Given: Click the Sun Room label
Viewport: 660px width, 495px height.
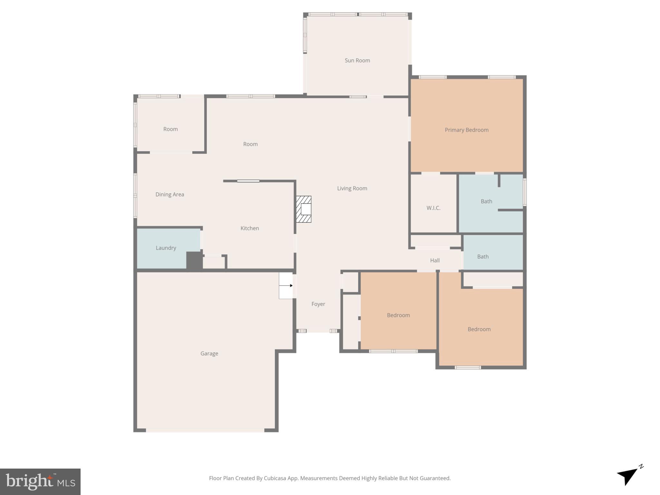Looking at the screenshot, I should (x=357, y=60).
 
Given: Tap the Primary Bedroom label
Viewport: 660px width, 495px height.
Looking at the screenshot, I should (x=466, y=130).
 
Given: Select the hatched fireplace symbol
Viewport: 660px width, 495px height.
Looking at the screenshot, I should (x=304, y=209).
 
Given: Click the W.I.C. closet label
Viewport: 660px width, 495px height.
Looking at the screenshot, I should (x=433, y=208).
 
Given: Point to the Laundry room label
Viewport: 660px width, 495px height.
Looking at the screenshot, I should (x=166, y=248).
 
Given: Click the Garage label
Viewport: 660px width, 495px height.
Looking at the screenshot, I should (x=209, y=354).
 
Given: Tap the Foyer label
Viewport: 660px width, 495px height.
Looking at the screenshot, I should (x=318, y=304).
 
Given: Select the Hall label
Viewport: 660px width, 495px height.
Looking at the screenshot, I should (x=435, y=260).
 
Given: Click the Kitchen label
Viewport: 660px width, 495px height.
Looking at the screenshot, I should (x=249, y=228).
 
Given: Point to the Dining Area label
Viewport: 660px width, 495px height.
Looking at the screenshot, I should (x=170, y=194).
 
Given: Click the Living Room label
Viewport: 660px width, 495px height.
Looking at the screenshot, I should (x=352, y=188).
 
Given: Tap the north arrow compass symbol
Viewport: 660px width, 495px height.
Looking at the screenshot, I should (x=629, y=476).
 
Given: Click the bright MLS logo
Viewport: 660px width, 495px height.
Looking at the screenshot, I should (x=40, y=481).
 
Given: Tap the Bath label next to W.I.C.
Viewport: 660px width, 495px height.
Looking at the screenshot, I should (x=486, y=201).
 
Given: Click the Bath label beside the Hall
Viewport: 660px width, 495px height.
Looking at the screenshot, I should (x=483, y=257).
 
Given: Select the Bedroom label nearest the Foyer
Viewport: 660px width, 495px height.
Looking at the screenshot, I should (x=398, y=315).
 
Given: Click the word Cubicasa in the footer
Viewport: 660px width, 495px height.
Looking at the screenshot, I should (x=275, y=478).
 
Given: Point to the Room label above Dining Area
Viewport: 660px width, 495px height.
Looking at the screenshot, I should (x=170, y=129).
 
